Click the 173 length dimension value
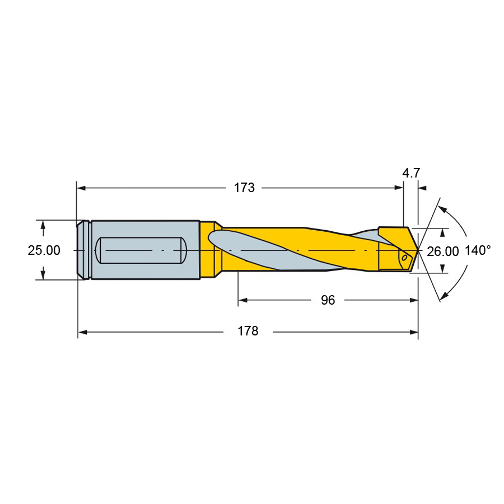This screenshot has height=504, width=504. click(x=244, y=188)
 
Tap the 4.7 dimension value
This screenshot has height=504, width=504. click(x=411, y=173)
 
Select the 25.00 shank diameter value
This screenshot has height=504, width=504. click(x=44, y=250)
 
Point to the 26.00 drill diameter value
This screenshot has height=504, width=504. click(x=442, y=251)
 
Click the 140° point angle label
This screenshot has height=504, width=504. click(x=478, y=250)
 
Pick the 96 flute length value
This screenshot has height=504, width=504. click(x=328, y=300)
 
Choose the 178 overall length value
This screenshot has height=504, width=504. click(x=248, y=331)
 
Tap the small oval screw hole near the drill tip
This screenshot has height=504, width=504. click(x=405, y=258)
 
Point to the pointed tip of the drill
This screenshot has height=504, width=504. click(x=418, y=249)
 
